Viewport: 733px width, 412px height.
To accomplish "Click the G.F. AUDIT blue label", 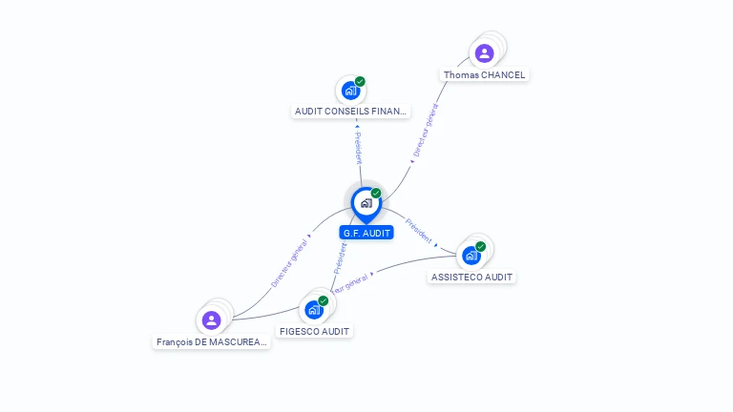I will point(366,233).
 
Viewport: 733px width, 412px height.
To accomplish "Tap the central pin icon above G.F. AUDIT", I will point(366,203).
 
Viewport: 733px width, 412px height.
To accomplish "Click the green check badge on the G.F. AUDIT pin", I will point(376,194).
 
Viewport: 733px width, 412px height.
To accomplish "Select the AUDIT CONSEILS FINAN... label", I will point(350,112).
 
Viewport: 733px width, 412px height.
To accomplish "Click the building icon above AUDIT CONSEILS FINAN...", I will point(350,91).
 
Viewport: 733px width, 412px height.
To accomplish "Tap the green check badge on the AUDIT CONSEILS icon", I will point(360,81).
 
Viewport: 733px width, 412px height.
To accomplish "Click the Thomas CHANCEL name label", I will point(484,74).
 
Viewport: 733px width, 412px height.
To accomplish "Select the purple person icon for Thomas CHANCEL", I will point(484,53).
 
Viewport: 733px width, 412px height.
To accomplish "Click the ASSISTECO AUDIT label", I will point(471,277).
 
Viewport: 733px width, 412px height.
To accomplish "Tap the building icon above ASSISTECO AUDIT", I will point(471,256).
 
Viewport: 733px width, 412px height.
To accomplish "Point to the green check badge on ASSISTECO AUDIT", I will point(480,246).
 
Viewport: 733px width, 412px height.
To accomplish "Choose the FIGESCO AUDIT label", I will point(314,331).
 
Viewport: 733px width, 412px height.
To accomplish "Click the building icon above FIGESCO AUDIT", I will point(313,310).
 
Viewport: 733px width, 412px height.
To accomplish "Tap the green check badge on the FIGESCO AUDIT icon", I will point(323,300).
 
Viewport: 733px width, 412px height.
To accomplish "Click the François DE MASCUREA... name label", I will point(212,341).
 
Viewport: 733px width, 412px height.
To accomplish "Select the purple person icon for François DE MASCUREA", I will point(211,319).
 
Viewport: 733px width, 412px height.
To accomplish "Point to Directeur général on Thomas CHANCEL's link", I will point(426,131).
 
